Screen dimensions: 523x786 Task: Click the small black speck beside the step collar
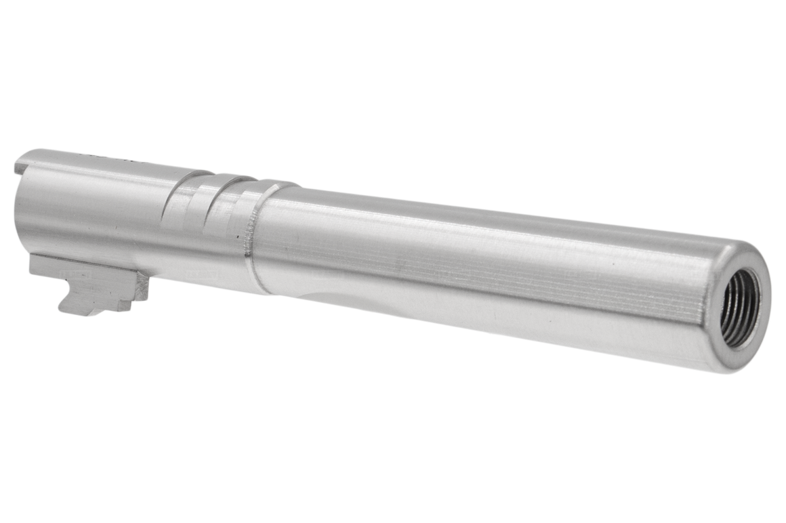[236, 236]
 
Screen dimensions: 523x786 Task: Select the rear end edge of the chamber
[16, 203]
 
